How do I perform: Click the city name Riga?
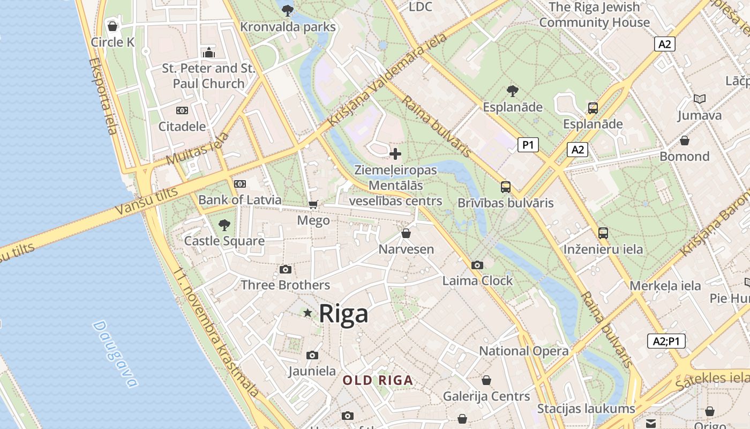(343, 314)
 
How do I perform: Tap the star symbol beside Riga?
(307, 313)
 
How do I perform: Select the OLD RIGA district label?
(378, 381)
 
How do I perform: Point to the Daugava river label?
(115, 354)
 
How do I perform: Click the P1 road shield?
(528, 145)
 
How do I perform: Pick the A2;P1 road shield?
(666, 341)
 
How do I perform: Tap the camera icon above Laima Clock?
(477, 265)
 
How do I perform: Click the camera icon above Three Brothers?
(286, 269)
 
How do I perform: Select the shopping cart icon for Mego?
(313, 204)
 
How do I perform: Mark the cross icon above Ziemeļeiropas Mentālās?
(395, 154)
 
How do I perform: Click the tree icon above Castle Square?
(224, 225)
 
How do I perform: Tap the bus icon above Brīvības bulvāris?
(505, 187)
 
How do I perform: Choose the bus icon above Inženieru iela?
(603, 233)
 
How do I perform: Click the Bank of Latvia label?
(239, 200)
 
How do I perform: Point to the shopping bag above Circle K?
(112, 26)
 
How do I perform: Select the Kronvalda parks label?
(288, 27)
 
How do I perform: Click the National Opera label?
(523, 351)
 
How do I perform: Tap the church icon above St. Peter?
(209, 53)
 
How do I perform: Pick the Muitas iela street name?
(197, 149)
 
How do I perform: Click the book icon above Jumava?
(699, 99)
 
